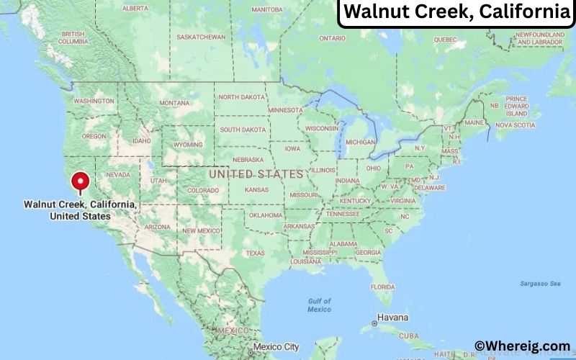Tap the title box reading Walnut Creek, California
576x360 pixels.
tap(456, 12)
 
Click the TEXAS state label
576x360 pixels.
tap(256, 253)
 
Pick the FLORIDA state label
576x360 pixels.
tap(383, 287)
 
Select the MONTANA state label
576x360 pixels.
tap(174, 103)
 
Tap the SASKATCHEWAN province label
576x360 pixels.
tap(201, 37)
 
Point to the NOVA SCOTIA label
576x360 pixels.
tap(516, 125)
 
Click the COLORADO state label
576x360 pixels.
tap(202, 191)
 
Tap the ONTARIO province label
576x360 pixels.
tap(332, 38)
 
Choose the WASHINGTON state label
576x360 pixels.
tap(94, 101)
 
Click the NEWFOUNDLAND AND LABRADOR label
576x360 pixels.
tap(539, 38)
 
